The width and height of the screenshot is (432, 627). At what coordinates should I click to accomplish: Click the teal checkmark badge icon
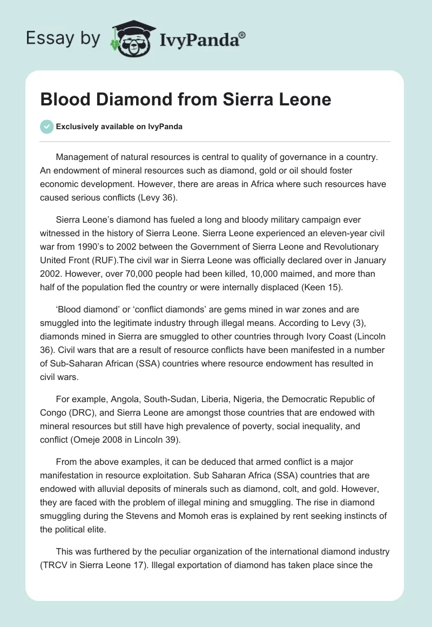pyautogui.click(x=46, y=126)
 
